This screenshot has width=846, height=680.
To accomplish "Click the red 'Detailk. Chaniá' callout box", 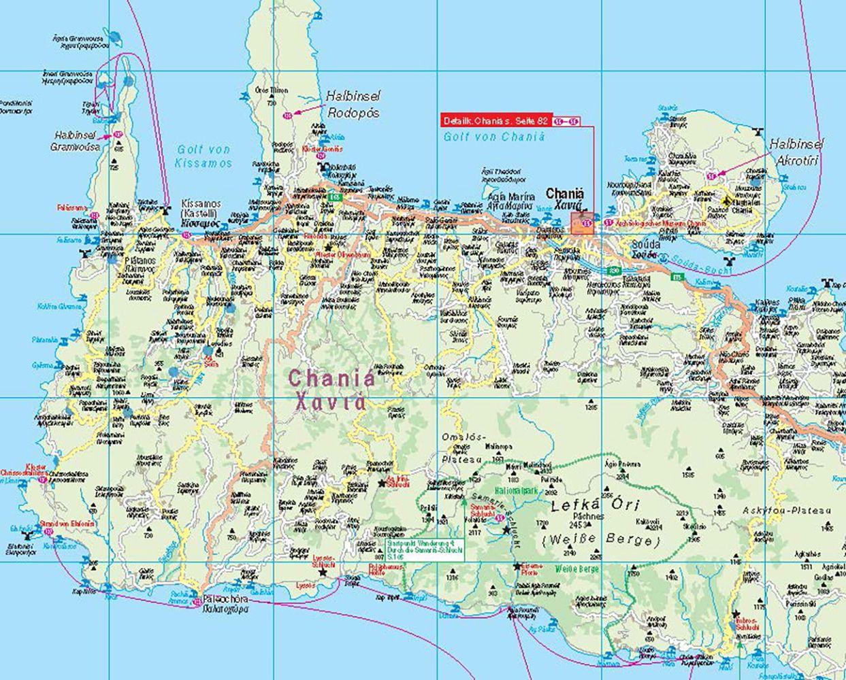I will [495, 121].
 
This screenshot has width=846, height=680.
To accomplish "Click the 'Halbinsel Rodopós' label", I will [351, 105].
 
